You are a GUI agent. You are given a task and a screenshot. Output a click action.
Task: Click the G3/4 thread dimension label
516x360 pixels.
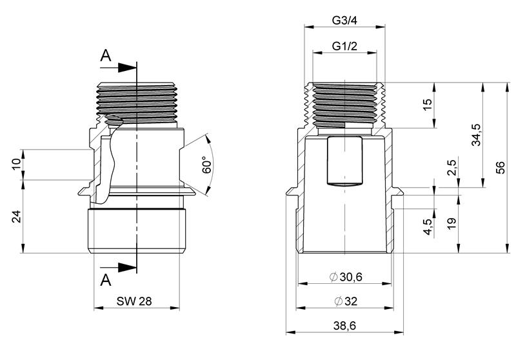(344, 21)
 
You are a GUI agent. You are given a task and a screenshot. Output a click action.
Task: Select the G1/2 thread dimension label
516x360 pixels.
(344, 46)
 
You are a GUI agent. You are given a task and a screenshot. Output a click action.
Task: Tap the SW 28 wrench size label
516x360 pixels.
(134, 301)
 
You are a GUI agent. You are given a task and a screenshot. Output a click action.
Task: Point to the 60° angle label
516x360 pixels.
(206, 165)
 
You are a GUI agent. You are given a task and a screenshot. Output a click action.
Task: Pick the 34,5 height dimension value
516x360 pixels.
(476, 135)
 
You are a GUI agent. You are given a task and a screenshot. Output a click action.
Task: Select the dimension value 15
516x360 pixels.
(427, 105)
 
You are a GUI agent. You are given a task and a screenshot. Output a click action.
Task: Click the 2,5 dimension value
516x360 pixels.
(452, 168)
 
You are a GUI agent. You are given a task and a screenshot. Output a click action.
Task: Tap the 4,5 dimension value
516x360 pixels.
(428, 226)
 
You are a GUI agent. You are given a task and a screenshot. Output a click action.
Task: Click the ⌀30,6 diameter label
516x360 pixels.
(346, 277)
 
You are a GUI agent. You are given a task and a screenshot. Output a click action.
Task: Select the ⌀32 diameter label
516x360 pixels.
(346, 301)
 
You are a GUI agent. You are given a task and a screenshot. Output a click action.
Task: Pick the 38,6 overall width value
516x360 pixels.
(344, 326)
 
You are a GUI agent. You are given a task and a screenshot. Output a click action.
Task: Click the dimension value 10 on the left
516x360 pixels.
(17, 164)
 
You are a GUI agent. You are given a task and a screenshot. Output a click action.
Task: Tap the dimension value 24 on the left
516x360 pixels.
(17, 217)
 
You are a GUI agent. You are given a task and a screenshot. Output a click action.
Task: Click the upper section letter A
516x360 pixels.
(106, 55)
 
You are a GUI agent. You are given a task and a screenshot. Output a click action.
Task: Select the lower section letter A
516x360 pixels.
(106, 281)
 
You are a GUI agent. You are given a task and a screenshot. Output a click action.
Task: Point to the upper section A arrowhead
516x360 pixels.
(127, 68)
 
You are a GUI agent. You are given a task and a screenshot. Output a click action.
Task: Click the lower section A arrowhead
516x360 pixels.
(127, 267)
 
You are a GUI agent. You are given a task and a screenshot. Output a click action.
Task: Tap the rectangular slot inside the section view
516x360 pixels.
(344, 161)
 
